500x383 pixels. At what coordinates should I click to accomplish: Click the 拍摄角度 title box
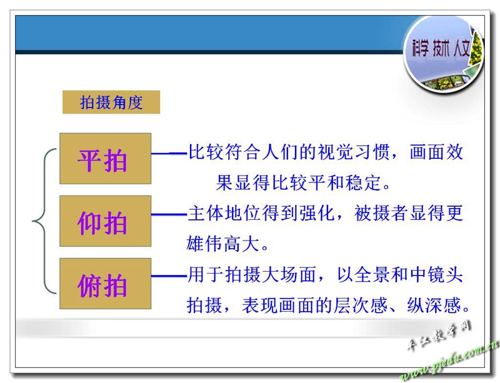point(111,102)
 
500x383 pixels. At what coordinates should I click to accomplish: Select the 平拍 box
point(105,159)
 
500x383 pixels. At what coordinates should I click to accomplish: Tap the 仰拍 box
point(105,221)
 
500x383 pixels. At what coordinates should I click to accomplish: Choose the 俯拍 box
point(105,284)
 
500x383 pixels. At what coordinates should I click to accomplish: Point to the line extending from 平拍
point(169,154)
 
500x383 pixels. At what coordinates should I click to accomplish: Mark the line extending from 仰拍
point(169,214)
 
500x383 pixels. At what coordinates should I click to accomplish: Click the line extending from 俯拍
point(169,276)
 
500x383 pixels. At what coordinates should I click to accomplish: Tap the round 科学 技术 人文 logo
point(443,54)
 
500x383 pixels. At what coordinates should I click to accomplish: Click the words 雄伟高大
point(222,244)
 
